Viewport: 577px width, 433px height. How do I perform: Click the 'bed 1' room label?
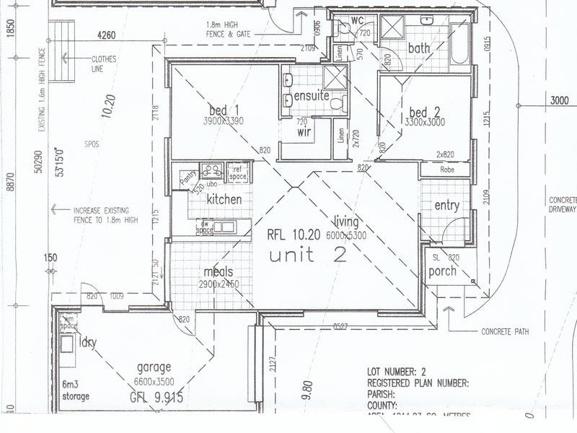tap(224, 110)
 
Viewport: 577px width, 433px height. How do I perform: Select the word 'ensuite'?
tap(312, 95)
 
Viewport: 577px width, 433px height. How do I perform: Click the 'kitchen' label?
tap(224, 198)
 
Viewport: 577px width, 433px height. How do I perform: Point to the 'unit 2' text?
tap(307, 254)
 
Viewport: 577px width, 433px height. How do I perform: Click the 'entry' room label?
tap(446, 206)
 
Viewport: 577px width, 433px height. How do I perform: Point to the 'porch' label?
tap(443, 271)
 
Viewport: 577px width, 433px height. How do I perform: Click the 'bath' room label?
tap(419, 48)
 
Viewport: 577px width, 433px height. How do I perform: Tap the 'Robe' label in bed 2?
tap(446, 170)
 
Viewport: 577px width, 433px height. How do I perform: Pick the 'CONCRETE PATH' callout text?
tap(505, 333)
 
